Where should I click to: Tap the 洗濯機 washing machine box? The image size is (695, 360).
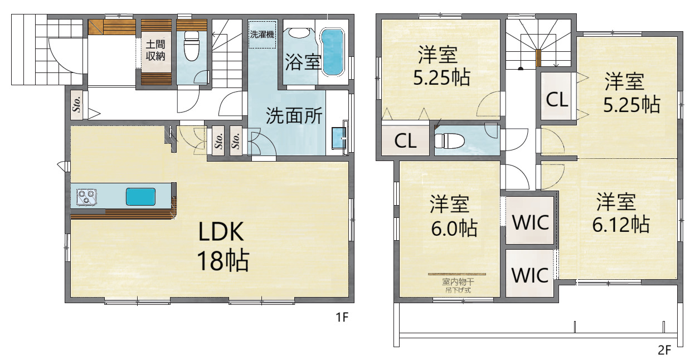point(262,35)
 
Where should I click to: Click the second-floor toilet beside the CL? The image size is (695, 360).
point(449,140)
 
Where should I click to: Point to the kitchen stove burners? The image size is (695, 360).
point(86,197)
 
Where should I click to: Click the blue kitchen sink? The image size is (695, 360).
point(140,197)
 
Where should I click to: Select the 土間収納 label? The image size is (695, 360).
point(155,50)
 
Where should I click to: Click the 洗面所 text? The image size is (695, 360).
point(294,116)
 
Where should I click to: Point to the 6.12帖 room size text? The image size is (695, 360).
point(621,225)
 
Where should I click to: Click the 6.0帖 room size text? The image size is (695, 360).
point(454,228)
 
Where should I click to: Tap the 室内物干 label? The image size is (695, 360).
point(458,282)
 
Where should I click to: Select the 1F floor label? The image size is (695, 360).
point(342,317)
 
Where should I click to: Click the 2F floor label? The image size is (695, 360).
point(664,350)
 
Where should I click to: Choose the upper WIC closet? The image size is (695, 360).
point(530,221)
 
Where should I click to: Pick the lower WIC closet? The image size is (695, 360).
point(529,274)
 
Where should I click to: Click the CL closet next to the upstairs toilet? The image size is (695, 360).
point(405,140)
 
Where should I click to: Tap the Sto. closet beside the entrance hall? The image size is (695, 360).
point(77,104)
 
